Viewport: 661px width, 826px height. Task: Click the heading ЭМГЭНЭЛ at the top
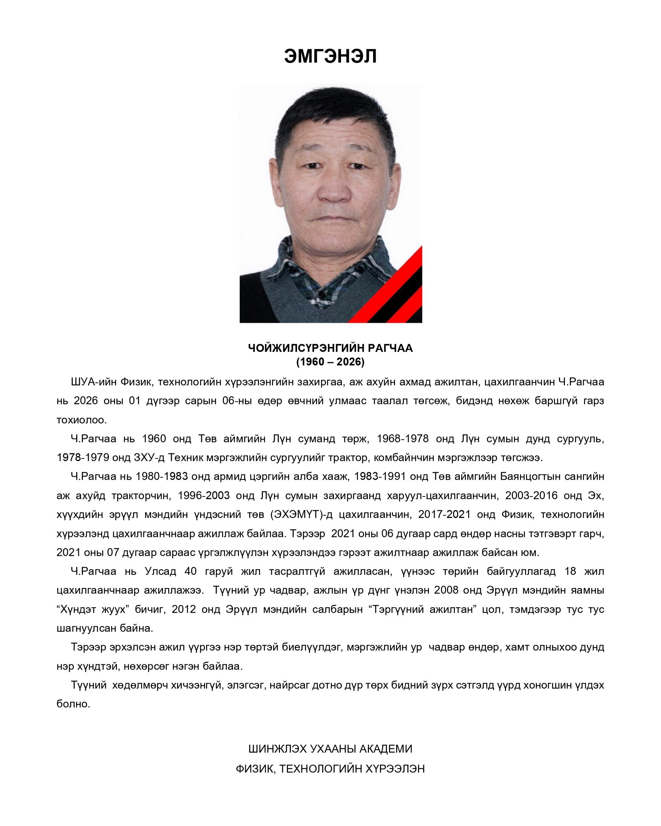[x=330, y=56]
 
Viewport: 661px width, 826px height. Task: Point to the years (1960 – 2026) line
[x=330, y=362]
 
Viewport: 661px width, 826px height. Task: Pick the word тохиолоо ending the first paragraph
[x=81, y=420]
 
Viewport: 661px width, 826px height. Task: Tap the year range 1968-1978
[x=402, y=439]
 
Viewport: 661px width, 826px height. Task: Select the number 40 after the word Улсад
[x=191, y=571]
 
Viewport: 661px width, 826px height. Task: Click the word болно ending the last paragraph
[x=73, y=704]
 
